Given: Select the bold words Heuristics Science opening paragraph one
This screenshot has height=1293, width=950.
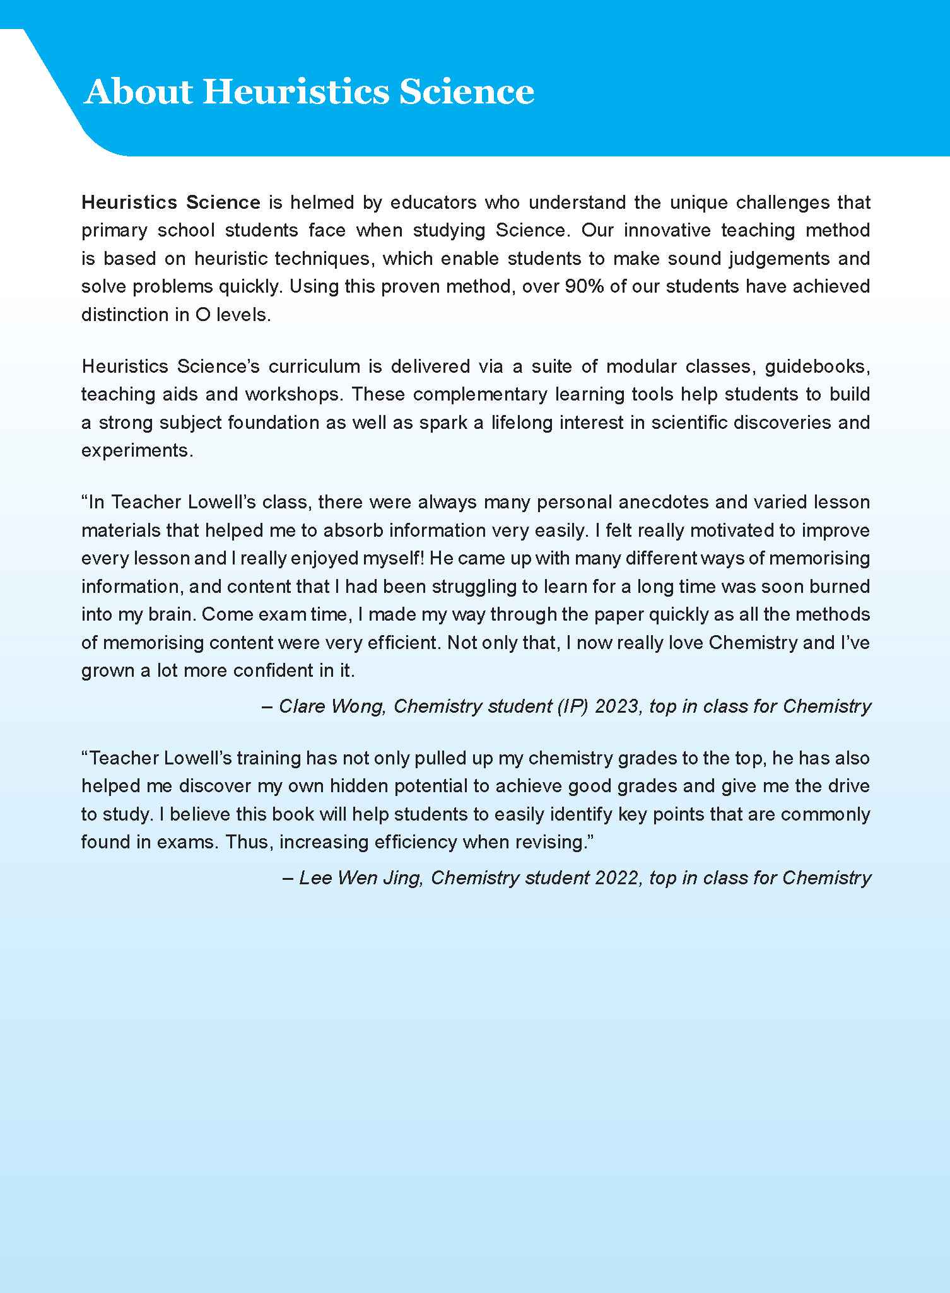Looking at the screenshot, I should (x=171, y=202).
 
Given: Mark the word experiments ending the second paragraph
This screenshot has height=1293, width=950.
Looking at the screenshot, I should (x=135, y=450).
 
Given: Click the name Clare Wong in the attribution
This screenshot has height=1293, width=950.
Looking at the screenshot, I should (x=331, y=706).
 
